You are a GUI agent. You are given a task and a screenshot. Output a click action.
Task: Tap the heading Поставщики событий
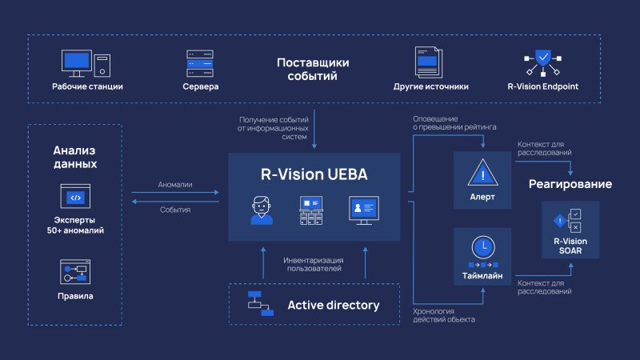312,70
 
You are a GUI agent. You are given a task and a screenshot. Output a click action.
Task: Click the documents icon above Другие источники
430,62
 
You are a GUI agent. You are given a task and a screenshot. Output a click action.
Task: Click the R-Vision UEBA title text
314,175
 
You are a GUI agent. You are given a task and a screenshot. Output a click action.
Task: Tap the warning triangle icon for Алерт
482,172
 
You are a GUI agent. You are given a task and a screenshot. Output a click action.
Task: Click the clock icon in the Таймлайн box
482,245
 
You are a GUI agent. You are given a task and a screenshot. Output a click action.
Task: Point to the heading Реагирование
570,184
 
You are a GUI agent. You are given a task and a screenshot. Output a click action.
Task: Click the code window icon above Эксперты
75,197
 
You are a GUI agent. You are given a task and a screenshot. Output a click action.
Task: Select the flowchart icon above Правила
75,272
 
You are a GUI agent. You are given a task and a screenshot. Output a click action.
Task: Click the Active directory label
333,305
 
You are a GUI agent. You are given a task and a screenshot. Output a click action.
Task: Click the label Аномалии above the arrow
176,185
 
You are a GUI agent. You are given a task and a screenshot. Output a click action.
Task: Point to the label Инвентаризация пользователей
313,264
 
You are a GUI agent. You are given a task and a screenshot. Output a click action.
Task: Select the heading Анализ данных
75,157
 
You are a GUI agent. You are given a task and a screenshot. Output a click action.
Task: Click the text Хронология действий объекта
443,315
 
